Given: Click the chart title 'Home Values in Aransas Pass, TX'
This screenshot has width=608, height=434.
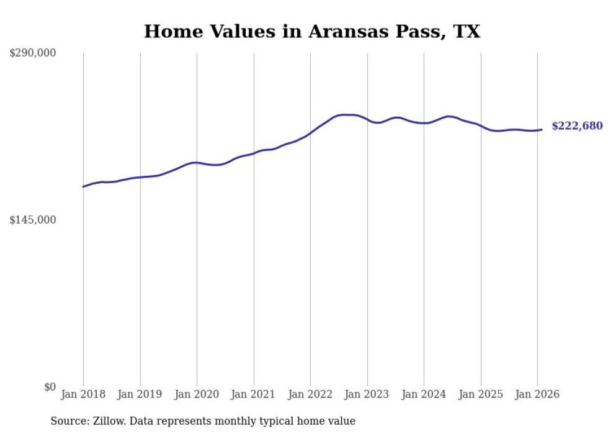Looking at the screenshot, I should [312, 32].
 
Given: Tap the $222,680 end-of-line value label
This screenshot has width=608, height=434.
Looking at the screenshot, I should [577, 126].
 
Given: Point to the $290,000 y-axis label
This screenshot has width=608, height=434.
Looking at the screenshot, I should [32, 53].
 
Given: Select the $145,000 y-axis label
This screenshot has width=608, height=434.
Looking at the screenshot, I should [32, 220].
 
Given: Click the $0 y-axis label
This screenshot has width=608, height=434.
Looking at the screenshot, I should [50, 387].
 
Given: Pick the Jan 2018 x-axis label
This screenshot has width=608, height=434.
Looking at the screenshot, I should [83, 395].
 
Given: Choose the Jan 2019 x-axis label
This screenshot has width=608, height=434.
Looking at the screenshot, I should [140, 395].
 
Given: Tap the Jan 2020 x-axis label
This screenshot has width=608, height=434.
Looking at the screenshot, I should [197, 395].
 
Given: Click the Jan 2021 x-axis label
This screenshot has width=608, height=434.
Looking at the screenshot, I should [254, 395].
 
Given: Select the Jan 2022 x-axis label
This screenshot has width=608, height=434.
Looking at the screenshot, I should [310, 395].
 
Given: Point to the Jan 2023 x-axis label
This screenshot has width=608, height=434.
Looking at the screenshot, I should [367, 395].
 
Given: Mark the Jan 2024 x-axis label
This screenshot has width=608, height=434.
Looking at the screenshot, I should [424, 395].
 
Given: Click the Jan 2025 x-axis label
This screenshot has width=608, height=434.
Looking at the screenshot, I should [481, 395].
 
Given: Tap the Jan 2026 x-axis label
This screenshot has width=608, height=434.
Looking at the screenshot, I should [537, 395].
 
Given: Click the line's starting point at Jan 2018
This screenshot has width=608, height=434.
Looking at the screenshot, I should [83, 186].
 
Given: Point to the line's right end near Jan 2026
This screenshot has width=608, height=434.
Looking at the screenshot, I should [542, 129].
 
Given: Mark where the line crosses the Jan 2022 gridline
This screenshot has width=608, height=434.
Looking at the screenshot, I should [310, 133].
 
